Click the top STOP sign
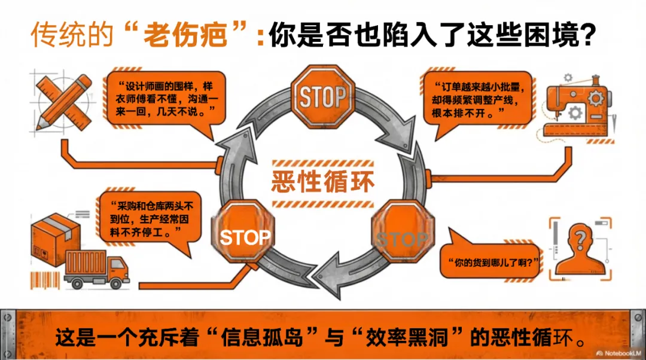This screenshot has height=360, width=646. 322,96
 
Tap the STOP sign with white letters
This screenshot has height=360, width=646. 245,237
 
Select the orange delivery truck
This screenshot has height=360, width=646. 96,270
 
